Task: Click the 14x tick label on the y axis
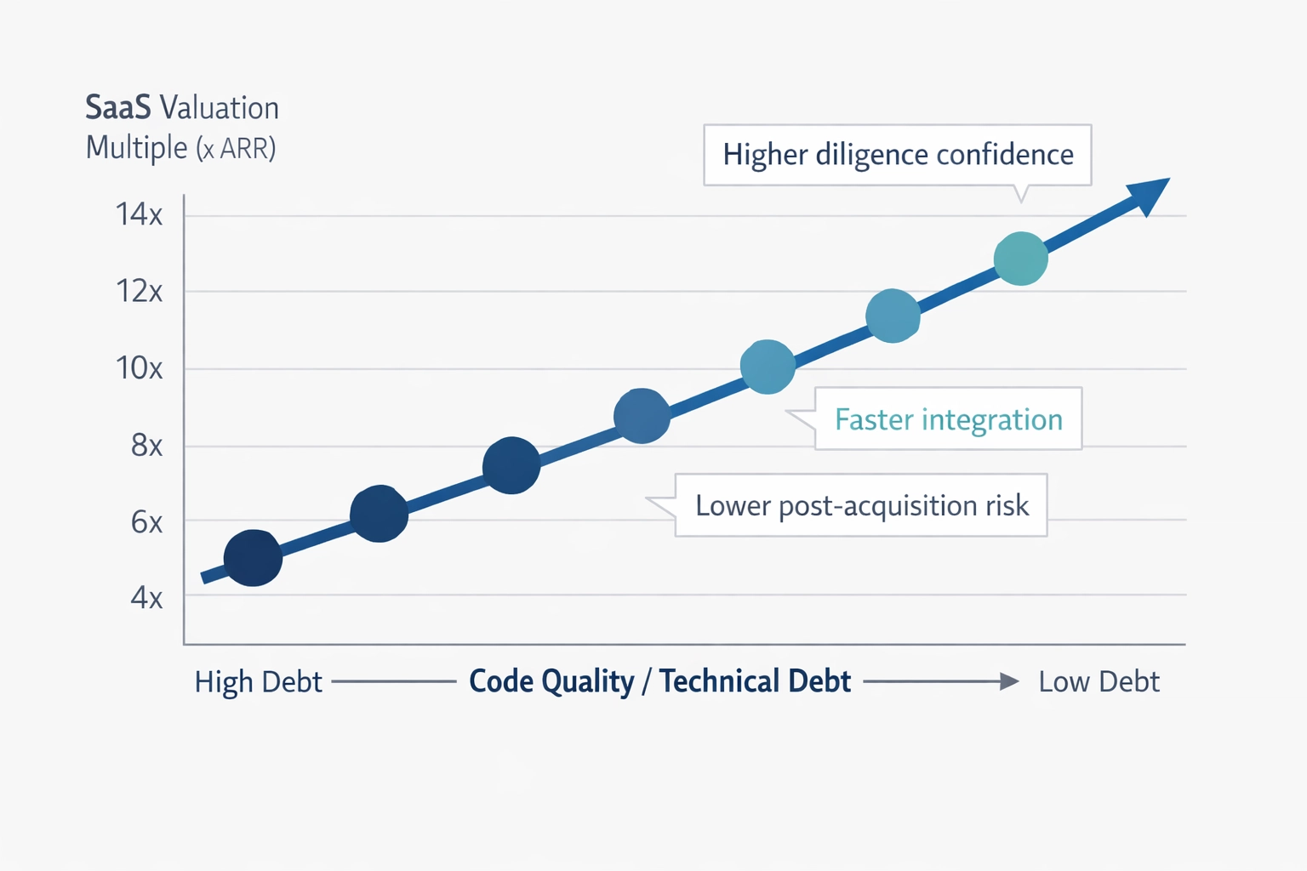[x=139, y=214]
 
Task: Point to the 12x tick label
[x=139, y=292]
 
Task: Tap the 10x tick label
[x=139, y=368]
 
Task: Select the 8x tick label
[x=146, y=445]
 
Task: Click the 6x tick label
[x=146, y=521]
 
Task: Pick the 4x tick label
[x=146, y=597]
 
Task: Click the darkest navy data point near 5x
[x=253, y=558]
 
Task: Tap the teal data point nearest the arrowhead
[x=1020, y=258]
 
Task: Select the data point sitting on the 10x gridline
[x=768, y=367]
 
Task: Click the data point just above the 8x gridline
[x=642, y=416]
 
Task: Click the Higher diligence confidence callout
[x=897, y=155]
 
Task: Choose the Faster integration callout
[x=948, y=419]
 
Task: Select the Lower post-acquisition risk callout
[x=861, y=505]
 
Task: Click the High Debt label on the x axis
[x=258, y=681]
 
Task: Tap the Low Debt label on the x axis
[x=1099, y=681]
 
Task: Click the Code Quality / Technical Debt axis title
[x=659, y=681]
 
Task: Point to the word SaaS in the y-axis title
[x=118, y=108]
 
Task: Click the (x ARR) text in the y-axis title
[x=236, y=149]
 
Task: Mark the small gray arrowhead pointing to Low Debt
[x=1009, y=681]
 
